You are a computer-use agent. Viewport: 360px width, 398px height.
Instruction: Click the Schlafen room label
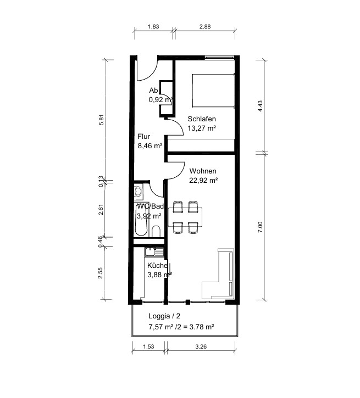coord(202,119)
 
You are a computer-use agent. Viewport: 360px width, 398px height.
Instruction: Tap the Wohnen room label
coord(203,171)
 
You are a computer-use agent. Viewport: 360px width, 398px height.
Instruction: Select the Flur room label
coord(144,137)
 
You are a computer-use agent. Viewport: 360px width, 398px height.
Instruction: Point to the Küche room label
coord(157,266)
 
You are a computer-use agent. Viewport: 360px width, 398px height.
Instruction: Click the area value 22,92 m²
coord(203,181)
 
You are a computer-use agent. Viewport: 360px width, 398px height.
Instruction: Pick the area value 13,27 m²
coord(202,128)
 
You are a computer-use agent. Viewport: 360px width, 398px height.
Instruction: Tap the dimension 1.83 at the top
coord(153,26)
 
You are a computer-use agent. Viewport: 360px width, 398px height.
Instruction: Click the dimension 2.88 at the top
coord(205,26)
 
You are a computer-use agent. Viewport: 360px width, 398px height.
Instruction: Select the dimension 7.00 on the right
coord(260,227)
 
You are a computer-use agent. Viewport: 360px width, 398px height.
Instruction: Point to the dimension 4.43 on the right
coord(260,106)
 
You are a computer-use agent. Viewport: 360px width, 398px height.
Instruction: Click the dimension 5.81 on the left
coord(101,120)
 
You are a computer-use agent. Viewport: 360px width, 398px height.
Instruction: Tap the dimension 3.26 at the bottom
coord(201,346)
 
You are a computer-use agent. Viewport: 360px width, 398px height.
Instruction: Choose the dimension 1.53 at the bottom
coord(148,346)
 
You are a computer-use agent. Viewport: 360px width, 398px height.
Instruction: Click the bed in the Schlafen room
coord(213,91)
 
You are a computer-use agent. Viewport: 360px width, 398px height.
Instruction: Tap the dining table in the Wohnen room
coord(185,217)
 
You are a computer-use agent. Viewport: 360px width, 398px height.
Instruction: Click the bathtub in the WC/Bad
coord(141,220)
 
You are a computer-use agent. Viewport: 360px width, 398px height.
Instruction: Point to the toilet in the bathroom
coord(156,231)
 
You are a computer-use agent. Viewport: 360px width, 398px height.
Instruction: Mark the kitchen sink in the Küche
coord(154,252)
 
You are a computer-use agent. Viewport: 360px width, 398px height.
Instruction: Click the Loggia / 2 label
coord(164,316)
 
